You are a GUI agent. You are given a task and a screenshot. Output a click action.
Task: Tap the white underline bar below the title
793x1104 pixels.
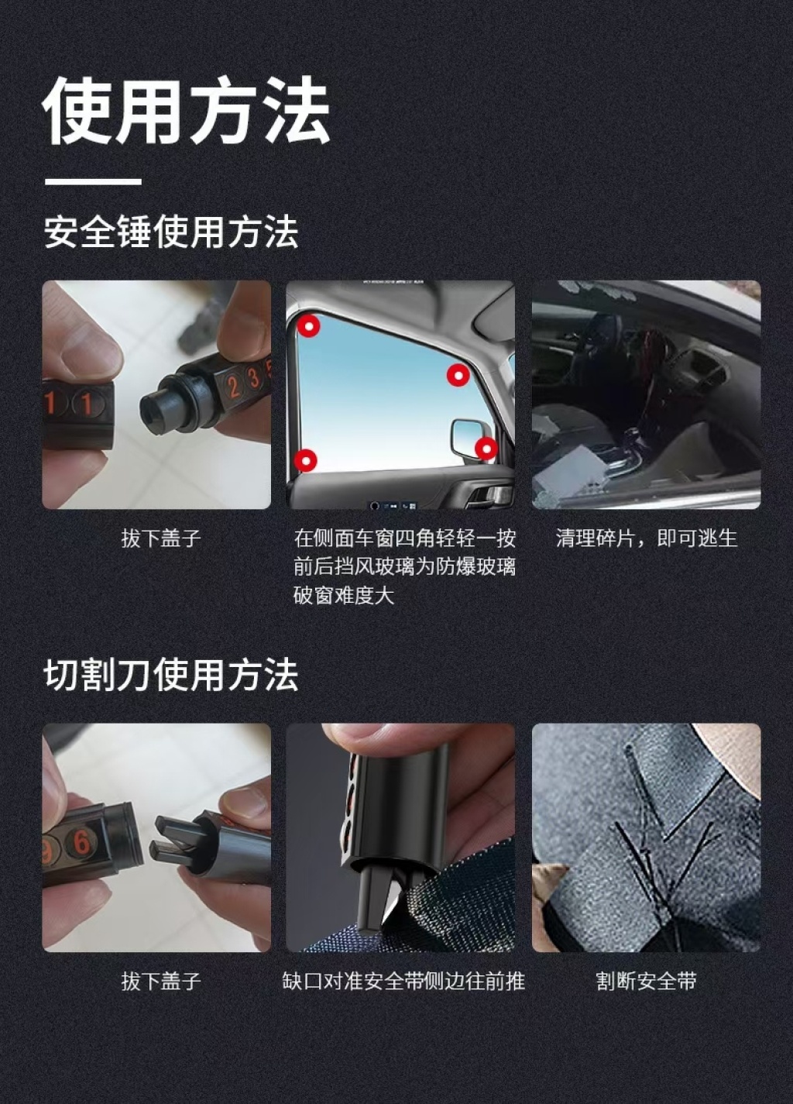[x=93, y=182]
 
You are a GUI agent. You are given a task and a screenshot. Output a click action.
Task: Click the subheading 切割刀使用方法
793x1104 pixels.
[x=171, y=675]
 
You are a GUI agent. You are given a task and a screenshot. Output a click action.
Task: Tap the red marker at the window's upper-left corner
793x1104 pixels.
[x=308, y=326]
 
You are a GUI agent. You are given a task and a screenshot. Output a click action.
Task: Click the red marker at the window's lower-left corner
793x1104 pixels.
[x=306, y=461]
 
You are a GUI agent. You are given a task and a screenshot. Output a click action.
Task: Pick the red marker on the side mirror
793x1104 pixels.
[x=486, y=449]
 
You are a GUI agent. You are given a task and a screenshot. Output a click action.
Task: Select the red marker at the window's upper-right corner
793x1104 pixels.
[x=458, y=376]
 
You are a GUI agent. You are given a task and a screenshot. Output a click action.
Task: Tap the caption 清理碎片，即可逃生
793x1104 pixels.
[x=646, y=538]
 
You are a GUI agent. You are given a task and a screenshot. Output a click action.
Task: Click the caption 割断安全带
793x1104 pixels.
[x=646, y=982]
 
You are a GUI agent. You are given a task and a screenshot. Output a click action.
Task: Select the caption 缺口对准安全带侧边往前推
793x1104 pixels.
[x=403, y=982]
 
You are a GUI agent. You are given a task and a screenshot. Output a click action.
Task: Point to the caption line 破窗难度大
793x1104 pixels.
[x=344, y=596]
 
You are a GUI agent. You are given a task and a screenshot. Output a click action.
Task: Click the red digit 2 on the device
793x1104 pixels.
[x=233, y=385]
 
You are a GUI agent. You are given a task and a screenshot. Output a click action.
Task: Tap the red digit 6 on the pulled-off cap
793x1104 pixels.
[x=82, y=841]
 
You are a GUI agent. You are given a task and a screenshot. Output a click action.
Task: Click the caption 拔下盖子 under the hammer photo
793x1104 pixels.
[x=161, y=538]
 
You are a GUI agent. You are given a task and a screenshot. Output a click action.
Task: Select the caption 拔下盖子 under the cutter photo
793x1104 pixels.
[x=161, y=982]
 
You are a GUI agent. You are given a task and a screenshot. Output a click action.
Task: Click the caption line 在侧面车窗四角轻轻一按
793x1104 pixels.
[x=405, y=538]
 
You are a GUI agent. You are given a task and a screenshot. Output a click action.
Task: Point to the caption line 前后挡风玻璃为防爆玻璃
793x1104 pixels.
[x=405, y=567]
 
